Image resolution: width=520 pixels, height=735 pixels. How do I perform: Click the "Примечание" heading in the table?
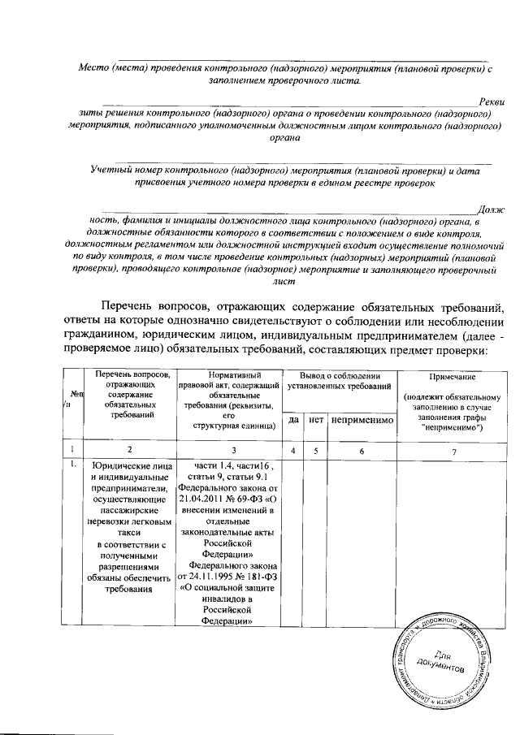[x=455, y=377]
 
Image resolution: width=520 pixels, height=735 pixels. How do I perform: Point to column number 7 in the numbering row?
[x=454, y=450]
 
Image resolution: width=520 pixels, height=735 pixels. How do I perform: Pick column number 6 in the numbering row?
[x=362, y=450]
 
